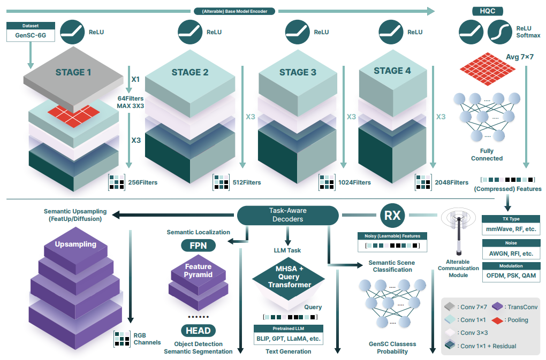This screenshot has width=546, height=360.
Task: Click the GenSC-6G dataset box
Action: (x=31, y=36)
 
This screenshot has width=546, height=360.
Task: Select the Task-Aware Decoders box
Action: (x=288, y=215)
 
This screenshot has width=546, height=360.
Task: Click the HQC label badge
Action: (x=487, y=11)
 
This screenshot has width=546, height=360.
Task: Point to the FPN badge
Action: (x=198, y=246)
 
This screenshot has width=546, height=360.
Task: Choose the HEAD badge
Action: (x=198, y=330)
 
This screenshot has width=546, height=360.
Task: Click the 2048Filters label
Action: (x=452, y=182)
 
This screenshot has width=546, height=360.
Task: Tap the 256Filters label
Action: (x=142, y=182)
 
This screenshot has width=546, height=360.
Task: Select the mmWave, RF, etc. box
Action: (x=510, y=229)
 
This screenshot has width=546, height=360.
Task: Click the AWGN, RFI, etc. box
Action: (x=510, y=253)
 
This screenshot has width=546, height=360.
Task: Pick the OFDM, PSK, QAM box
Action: (x=510, y=277)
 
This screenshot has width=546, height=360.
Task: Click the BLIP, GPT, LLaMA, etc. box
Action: (x=289, y=339)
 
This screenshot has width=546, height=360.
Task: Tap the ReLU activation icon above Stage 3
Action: (x=298, y=32)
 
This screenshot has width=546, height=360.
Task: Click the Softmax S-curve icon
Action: (x=500, y=32)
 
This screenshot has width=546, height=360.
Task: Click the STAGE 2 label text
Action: (x=190, y=72)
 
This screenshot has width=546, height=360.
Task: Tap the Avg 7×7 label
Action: (x=519, y=57)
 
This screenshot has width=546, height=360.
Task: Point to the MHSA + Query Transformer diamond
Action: (x=289, y=277)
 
